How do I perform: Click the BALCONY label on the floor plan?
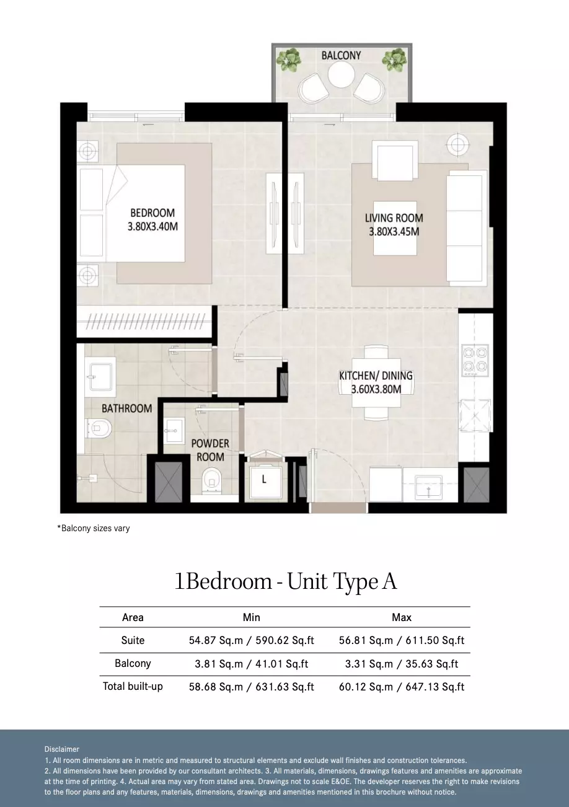point(341,56)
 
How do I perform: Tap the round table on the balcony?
point(340,74)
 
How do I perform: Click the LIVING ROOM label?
point(394,218)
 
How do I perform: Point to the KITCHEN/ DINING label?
point(376,376)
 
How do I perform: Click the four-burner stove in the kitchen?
point(475,361)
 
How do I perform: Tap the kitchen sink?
point(428,488)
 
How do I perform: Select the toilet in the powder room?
point(211,480)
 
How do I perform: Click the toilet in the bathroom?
point(99,428)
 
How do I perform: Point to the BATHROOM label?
point(127,408)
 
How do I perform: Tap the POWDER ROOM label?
point(210,450)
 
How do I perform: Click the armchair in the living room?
point(395,161)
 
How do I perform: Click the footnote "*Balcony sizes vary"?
point(94,529)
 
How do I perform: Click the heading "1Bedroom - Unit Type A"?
point(285,582)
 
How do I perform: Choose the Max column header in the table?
point(402,617)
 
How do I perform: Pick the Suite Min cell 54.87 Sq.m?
point(216,640)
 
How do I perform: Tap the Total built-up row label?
point(133,686)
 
